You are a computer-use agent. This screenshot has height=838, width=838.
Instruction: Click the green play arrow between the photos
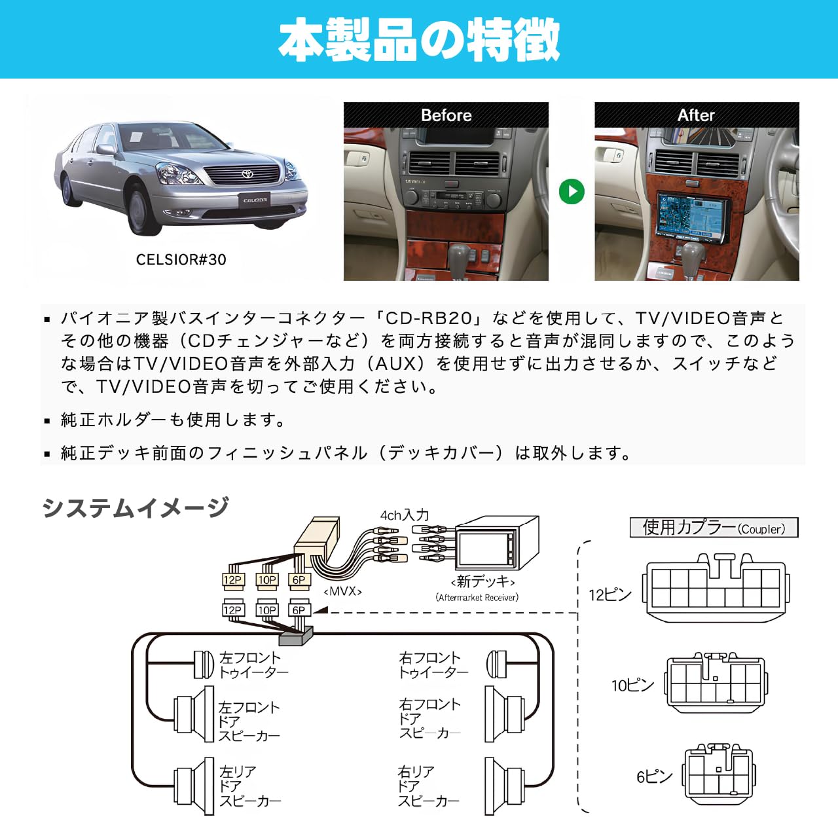[x=572, y=191]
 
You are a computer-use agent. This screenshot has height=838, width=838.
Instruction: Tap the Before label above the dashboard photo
[x=446, y=115]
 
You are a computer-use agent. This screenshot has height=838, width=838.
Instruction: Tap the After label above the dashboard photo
[x=696, y=115]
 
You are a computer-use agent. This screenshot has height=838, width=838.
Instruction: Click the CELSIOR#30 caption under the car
[x=181, y=260]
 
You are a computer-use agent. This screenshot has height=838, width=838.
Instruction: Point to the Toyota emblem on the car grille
[x=247, y=174]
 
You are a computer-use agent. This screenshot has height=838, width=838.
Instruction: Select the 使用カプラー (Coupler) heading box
[x=714, y=528]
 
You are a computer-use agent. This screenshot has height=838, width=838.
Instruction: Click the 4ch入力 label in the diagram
[x=404, y=515]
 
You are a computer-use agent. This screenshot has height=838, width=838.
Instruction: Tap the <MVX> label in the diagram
[x=342, y=591]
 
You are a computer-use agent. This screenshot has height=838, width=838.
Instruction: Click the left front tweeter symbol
[x=204, y=665]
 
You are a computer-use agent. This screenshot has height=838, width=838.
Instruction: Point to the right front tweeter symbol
[x=497, y=665]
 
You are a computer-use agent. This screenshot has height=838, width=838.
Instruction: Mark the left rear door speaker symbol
[x=195, y=786]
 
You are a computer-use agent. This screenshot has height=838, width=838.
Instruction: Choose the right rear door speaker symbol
[x=503, y=786]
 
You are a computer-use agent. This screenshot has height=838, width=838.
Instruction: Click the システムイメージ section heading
[x=136, y=507]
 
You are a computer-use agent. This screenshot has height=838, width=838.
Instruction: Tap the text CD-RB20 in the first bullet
[x=429, y=318]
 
